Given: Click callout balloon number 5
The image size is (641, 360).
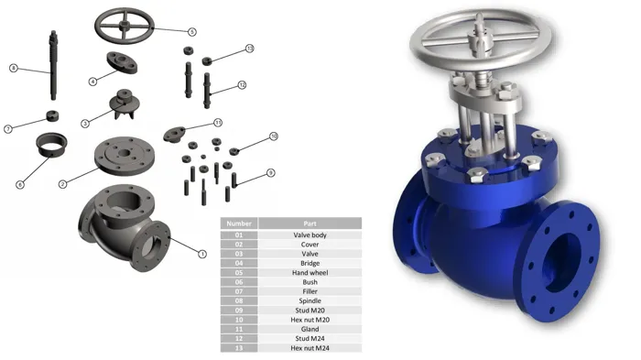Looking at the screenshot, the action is click(x=192, y=32).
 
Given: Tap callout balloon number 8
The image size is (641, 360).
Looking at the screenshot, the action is click(x=14, y=68).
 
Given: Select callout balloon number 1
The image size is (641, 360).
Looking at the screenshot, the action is click(x=202, y=254).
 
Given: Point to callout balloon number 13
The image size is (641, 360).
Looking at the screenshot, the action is click(x=250, y=49).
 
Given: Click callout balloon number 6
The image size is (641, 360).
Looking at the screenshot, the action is click(x=20, y=185).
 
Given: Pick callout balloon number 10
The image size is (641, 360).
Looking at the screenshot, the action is click(x=274, y=136).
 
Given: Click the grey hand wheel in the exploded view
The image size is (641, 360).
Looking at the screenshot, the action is click(x=125, y=25).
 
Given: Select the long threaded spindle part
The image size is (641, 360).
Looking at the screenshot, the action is click(x=53, y=65).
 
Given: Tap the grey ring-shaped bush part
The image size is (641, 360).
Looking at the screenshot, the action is click(x=51, y=144).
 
